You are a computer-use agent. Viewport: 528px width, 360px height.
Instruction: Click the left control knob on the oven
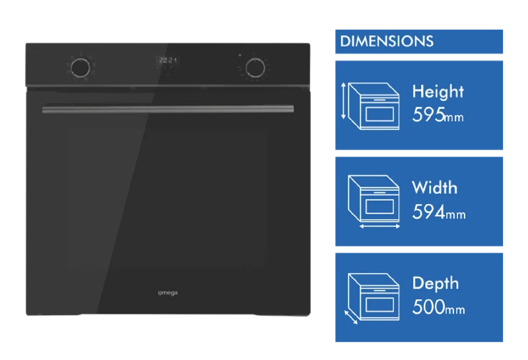[81, 68]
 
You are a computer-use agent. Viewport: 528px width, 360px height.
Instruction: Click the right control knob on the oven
[255, 67]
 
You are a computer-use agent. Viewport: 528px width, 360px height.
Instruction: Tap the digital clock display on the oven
[168, 60]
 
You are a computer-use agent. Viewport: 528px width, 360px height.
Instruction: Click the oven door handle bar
[168, 109]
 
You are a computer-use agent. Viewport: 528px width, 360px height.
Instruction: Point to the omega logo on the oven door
[168, 293]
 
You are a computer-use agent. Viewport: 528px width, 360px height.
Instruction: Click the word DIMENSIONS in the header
[387, 42]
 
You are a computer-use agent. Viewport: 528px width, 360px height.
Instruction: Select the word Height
[438, 92]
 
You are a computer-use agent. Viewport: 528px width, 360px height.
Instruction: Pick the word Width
[435, 188]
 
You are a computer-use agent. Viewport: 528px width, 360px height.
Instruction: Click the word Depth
[436, 284]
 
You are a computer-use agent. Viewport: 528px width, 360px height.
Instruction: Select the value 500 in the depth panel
[428, 307]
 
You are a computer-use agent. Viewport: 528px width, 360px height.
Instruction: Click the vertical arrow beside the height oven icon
[343, 101]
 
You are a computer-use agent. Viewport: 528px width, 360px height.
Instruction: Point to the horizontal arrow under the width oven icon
[380, 227]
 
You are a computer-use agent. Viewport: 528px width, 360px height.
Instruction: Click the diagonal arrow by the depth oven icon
[351, 318]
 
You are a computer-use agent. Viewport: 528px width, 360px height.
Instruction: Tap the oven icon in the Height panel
[374, 106]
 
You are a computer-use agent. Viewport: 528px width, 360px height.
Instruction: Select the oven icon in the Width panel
[374, 199]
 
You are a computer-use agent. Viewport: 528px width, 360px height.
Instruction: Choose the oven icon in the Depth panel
[374, 297]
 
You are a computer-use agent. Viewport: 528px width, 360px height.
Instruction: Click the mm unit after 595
[454, 118]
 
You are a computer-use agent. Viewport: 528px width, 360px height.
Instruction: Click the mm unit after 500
[455, 310]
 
